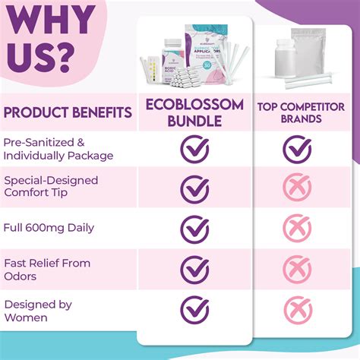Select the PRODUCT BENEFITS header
click(x=68, y=114)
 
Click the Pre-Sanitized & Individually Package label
click(x=58, y=149)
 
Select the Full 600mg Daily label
click(x=49, y=227)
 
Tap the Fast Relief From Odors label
click(x=47, y=269)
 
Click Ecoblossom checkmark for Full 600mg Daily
click(x=194, y=229)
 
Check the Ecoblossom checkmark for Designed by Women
click(x=194, y=309)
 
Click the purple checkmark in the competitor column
click(x=297, y=149)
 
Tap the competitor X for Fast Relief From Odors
click(x=297, y=269)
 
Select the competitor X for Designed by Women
click(x=297, y=309)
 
